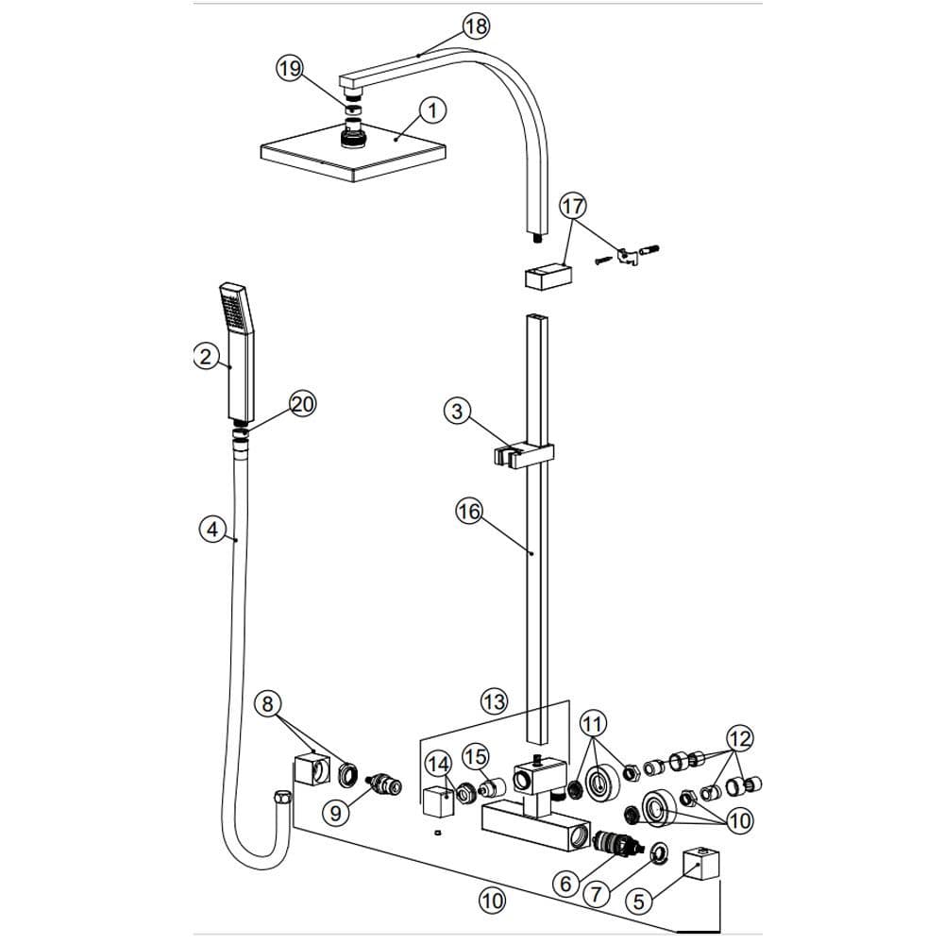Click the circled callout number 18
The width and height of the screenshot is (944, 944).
[476, 26]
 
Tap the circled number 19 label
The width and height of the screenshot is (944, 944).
[290, 68]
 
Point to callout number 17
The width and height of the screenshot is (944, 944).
[573, 207]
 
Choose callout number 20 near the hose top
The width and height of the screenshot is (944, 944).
[302, 403]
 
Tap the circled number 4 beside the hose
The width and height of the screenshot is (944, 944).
[212, 530]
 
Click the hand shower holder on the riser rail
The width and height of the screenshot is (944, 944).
[523, 456]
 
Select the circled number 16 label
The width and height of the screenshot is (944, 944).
[469, 513]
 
